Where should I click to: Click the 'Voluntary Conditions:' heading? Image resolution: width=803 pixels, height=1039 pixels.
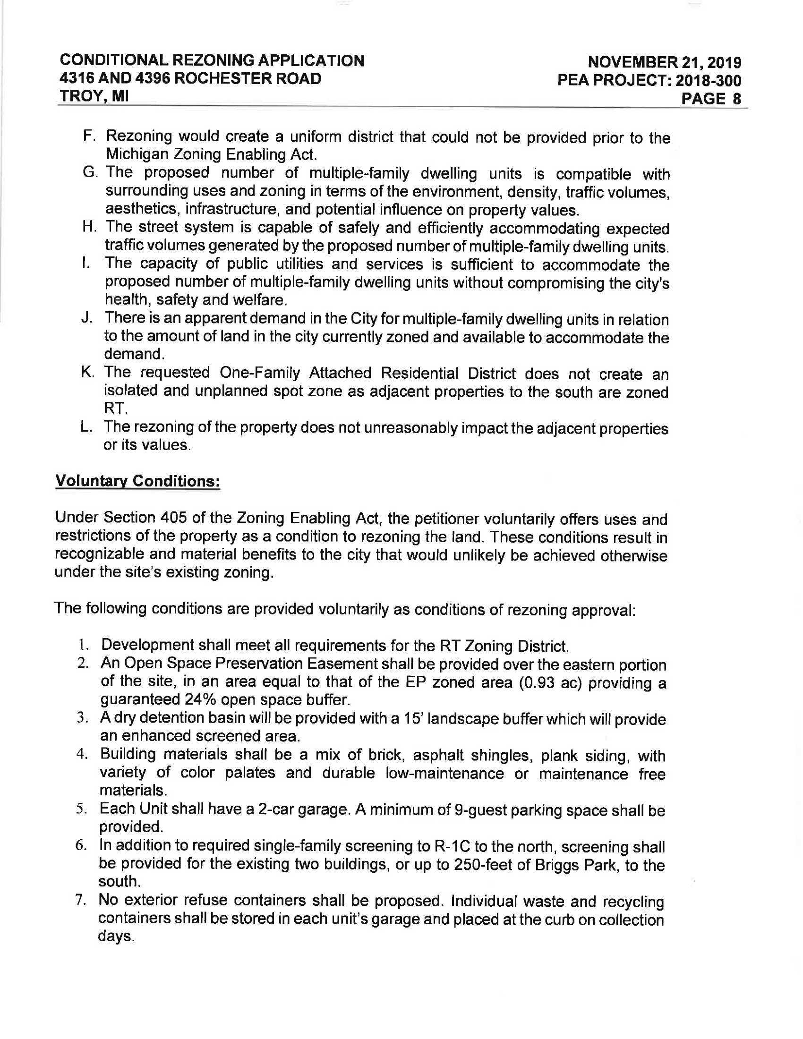coord(137,481)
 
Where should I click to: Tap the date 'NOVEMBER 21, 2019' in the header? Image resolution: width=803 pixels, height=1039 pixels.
coord(664,62)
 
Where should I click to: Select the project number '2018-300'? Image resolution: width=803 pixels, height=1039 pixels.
coord(709,80)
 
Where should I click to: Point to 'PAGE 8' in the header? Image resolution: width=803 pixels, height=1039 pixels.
coord(711,99)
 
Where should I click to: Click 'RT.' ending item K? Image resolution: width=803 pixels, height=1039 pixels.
coord(116,408)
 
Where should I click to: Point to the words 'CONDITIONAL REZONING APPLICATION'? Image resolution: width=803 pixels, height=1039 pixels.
coord(212,60)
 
